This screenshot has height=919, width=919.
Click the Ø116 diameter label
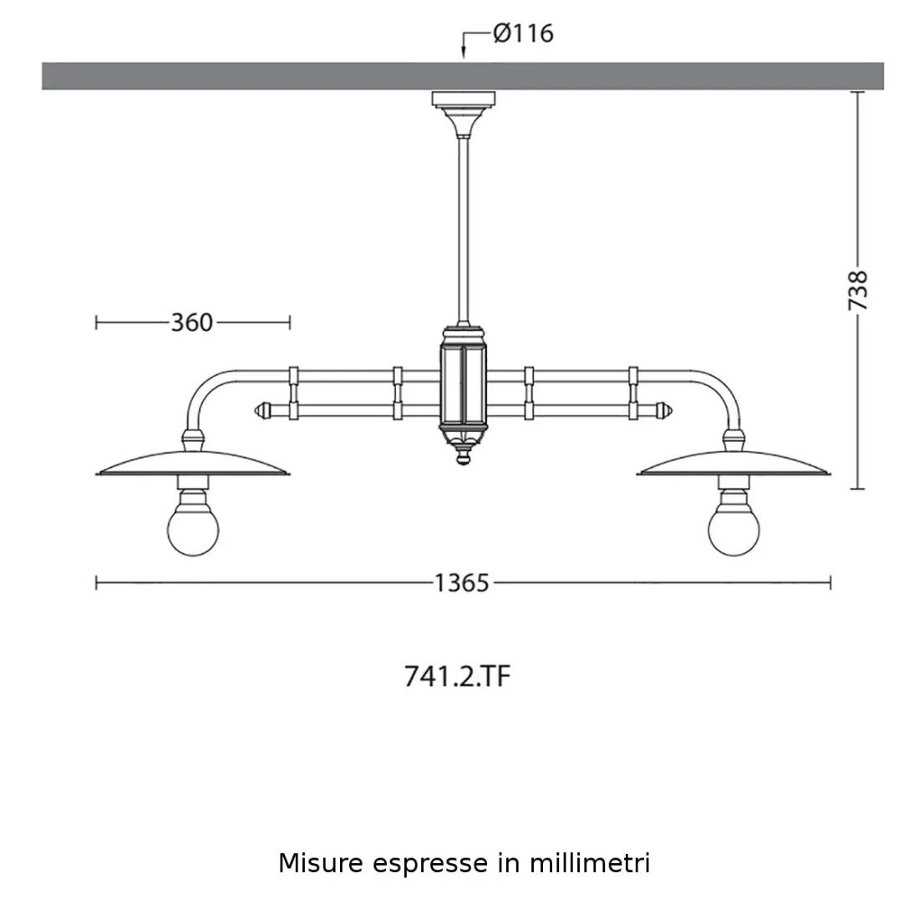(523, 33)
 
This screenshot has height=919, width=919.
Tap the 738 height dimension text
(858, 291)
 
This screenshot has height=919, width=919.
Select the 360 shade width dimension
(192, 322)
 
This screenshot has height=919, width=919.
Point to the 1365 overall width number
(461, 583)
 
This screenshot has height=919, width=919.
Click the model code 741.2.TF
(457, 677)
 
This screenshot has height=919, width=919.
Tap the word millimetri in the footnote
(589, 863)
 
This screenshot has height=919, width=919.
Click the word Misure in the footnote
(321, 863)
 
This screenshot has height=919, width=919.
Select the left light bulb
(193, 528)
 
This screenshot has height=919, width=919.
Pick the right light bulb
(734, 528)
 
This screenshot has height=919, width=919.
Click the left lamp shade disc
(193, 462)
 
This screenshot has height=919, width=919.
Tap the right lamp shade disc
(734, 462)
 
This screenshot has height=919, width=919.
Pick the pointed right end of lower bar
(665, 410)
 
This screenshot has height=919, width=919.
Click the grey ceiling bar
(251, 75)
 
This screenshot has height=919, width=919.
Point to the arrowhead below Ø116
(464, 55)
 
